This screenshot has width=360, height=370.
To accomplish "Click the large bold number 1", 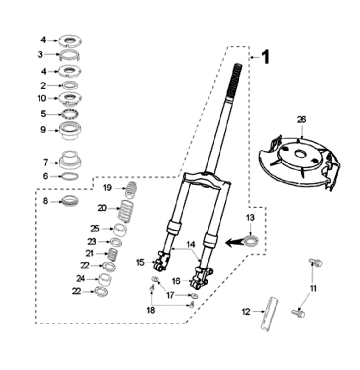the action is pos(266,57).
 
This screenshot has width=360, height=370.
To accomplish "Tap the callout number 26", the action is pos(301,119).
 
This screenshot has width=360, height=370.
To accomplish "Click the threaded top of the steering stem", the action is pos(234,82).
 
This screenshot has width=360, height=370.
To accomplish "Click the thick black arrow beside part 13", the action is pos(234,242).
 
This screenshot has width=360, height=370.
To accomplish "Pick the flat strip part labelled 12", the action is pos(269,313).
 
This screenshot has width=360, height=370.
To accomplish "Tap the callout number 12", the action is pos(246,312).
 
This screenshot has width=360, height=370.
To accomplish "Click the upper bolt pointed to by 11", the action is pos(315,262).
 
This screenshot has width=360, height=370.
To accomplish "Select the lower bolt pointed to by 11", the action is pos(298,313).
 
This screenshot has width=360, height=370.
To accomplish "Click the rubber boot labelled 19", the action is pos(130,189).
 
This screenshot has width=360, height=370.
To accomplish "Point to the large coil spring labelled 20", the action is pos(125,211).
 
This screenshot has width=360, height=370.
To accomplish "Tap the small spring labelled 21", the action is pos(113,254).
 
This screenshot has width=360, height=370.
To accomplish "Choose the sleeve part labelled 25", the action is pos(119,229).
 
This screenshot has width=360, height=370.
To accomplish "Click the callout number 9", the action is pos(42,129).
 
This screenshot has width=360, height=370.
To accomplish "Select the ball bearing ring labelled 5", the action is pos(70,114).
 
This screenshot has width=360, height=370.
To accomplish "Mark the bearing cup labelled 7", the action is pos(70,160).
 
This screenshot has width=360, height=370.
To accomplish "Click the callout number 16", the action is pos(176,281).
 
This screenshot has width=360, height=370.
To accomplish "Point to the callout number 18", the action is pos(150,310).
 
